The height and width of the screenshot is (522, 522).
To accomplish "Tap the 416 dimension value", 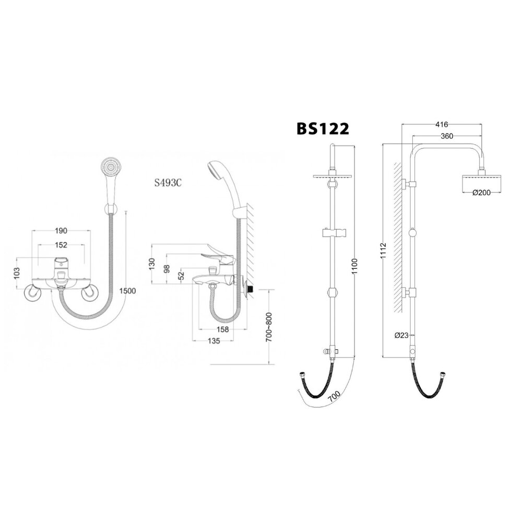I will click(441, 125).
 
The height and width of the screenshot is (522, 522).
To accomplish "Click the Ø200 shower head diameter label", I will click(481, 193).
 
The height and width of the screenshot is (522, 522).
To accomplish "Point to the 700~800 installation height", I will click(269, 327).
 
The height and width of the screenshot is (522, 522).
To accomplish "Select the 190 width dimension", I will click(62, 231).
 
